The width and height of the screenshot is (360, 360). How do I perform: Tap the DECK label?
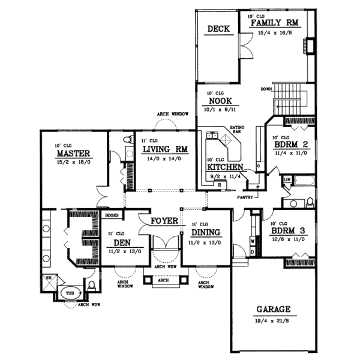pos(216,29)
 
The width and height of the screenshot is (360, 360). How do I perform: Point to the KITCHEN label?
pos(225,167)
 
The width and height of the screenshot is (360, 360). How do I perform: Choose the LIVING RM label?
pos(163,149)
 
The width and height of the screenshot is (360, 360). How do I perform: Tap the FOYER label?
pos(164,221)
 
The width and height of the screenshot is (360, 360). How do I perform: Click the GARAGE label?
pos(273,310)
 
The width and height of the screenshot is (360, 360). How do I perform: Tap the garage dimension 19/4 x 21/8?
pos(273,320)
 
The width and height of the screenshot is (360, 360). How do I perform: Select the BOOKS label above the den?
pos(112,214)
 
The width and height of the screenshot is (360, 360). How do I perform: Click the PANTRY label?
pos(244,196)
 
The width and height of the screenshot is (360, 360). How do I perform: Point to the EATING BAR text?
pos(238,130)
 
